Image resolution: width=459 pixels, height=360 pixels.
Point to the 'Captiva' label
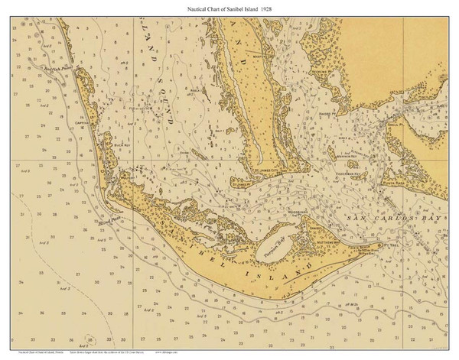[x=83, y=122]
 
